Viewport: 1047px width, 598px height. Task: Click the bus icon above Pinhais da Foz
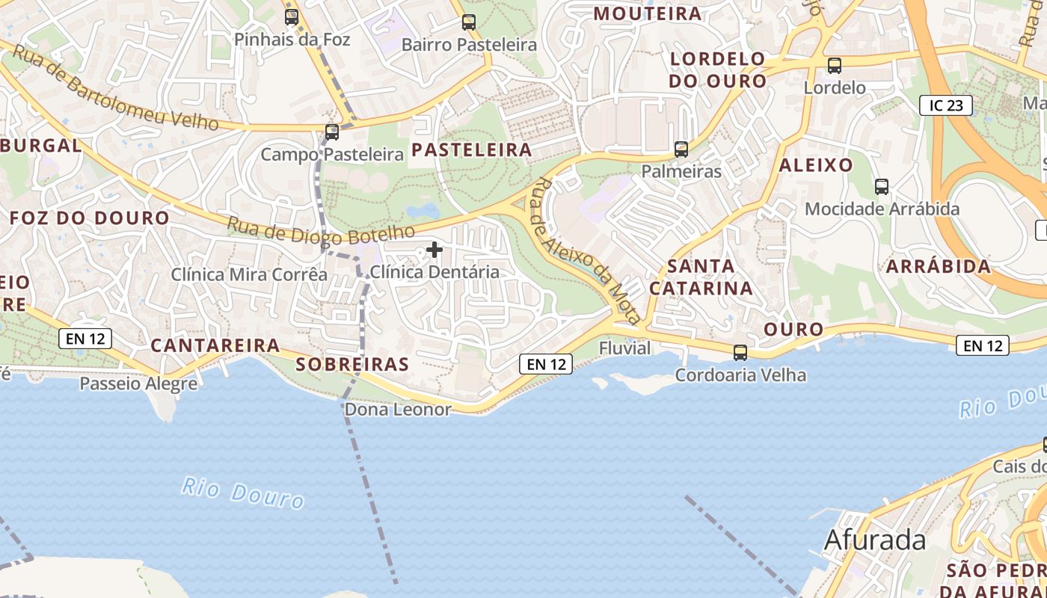pos(292,16)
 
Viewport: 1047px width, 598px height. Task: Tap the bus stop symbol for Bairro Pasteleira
pos(469,22)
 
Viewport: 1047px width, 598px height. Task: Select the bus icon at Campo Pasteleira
pos(332,132)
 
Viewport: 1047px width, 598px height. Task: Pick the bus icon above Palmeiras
pos(681,149)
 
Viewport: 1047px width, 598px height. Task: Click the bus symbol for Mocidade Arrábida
pos(882,187)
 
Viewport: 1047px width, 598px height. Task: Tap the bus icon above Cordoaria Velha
pos(740,352)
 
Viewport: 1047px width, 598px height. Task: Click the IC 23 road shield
pos(945,105)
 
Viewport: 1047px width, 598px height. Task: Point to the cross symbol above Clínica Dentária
pos(435,250)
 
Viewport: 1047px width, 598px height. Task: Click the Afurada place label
pos(874,540)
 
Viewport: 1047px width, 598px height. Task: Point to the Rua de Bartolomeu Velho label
pos(116,88)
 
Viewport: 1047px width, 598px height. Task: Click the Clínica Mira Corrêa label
pos(249,274)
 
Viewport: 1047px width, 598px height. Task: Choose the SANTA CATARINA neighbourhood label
pos(701,277)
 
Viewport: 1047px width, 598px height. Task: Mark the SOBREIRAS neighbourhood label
pos(352,364)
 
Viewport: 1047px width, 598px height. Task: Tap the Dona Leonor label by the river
pos(398,410)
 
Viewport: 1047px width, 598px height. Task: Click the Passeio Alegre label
pos(138,384)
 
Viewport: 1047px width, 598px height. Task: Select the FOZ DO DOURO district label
pos(90,218)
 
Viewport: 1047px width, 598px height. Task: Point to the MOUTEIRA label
pos(648,13)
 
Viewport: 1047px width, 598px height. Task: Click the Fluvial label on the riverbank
pos(624,348)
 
